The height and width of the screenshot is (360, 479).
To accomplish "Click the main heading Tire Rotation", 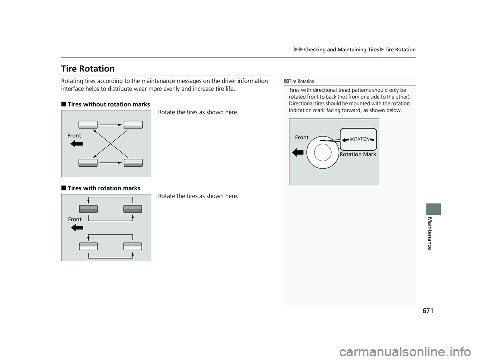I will point(89,69).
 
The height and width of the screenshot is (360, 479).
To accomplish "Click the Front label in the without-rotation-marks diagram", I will point(75,135).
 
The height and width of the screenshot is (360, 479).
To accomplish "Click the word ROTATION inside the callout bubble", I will point(359,139).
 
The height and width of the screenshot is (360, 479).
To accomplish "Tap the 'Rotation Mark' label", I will point(357,155).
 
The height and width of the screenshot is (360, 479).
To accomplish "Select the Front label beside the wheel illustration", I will point(302,137).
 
